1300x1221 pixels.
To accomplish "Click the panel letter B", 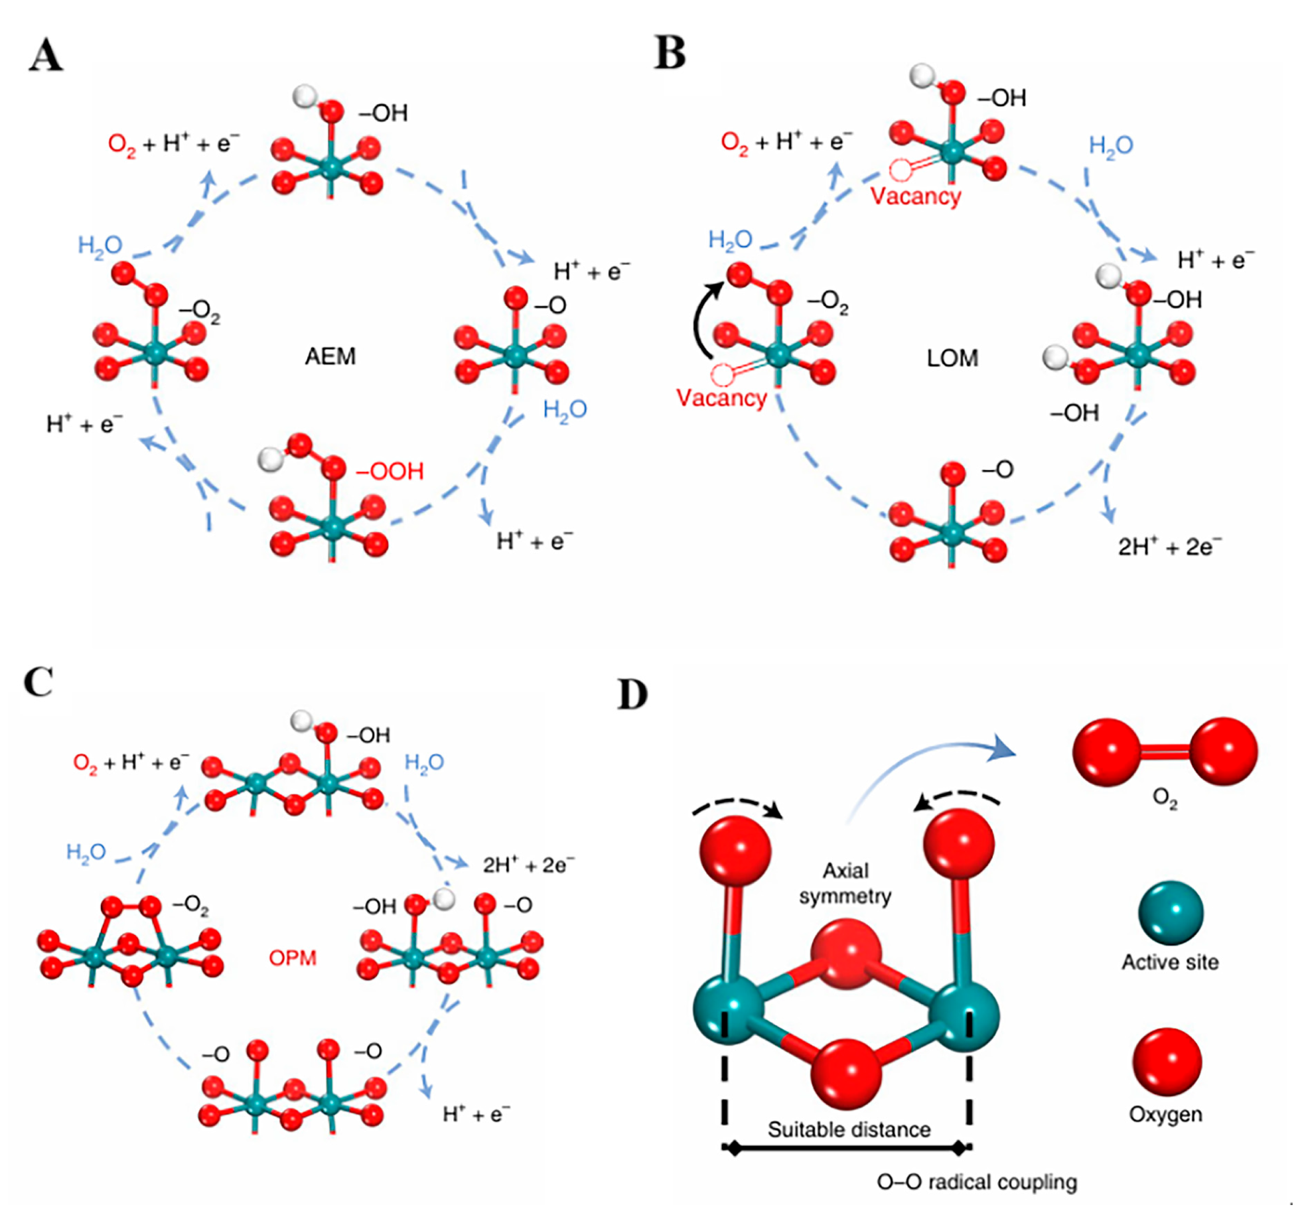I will tap(670, 52).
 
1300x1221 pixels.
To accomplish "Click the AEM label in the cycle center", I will tap(330, 356).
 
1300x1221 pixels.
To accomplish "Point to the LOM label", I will tap(952, 358).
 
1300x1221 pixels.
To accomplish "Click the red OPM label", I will tap(292, 958).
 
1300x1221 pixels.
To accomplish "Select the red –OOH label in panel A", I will tap(390, 471).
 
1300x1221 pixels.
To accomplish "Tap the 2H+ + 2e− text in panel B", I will tap(1169, 546).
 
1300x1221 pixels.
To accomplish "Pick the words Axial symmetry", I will tap(845, 883).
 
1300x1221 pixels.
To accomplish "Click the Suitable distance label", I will tap(849, 1129).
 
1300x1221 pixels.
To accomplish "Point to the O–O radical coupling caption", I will tap(976, 1181).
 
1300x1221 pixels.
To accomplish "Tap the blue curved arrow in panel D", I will tap(929, 763).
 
